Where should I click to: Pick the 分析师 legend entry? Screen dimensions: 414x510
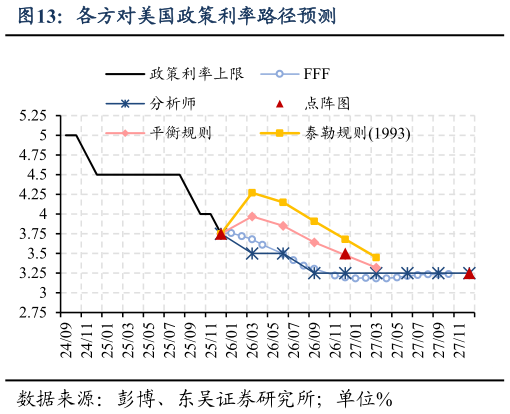coord(173,103)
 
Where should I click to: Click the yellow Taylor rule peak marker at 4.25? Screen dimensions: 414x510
coord(252,192)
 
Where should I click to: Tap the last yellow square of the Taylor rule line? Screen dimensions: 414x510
coord(376,257)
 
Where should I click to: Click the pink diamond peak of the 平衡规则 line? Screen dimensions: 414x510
coord(252,216)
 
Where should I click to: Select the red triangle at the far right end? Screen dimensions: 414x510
coord(469,273)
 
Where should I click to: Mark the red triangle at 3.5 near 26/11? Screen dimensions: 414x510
coord(345,254)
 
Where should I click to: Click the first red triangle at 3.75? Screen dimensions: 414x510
coord(221,234)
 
